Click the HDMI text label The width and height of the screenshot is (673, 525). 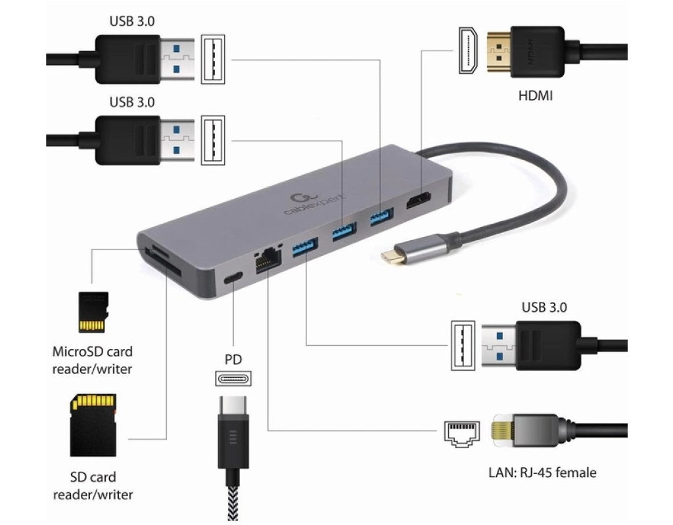click(535, 96)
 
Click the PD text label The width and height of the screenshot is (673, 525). click(233, 359)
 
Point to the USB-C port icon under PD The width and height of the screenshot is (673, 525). click(233, 379)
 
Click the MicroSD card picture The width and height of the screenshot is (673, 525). click(91, 312)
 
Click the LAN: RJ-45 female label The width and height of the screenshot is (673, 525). click(542, 472)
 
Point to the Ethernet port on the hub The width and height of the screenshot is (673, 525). click(266, 261)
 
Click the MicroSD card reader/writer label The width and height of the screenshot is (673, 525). click(92, 360)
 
